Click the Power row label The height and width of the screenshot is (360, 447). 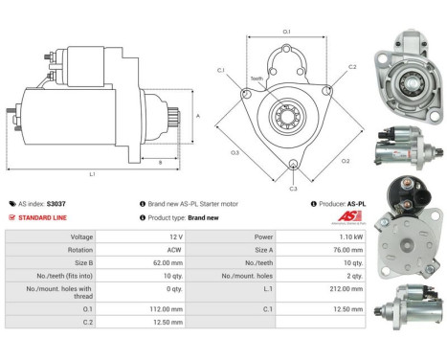pyautogui.click(x=265, y=236)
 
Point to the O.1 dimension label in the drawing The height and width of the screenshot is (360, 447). pyautogui.click(x=286, y=32)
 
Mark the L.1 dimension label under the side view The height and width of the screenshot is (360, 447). pyautogui.click(x=92, y=173)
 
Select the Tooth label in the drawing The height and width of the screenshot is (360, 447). pyautogui.click(x=257, y=79)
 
